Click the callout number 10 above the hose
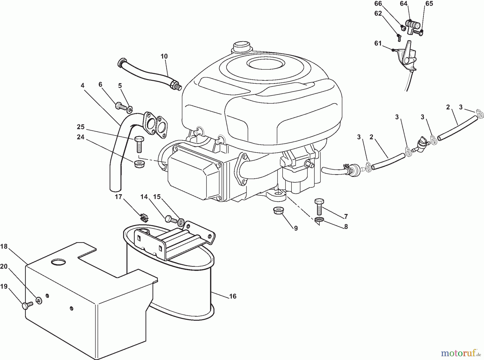click(164, 56)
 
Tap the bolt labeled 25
click(139, 144)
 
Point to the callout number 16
click(233, 296)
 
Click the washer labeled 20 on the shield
click(39, 300)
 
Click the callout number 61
click(378, 43)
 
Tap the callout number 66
click(378, 3)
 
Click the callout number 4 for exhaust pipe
click(83, 86)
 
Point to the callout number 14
click(144, 197)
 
